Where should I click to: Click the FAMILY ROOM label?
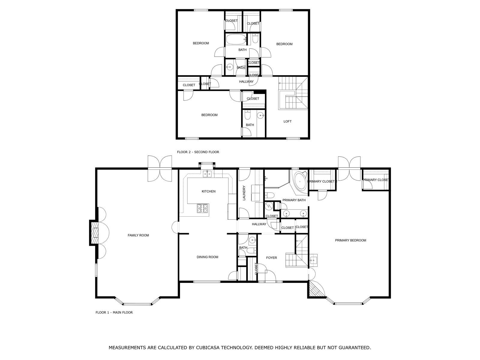[138, 235]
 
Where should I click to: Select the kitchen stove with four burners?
[203, 208]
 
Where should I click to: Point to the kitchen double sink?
[207, 173]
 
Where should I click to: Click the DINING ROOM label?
[207, 257]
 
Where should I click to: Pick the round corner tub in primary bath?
[300, 181]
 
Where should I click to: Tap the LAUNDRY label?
[244, 193]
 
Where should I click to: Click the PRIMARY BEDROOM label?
[350, 240]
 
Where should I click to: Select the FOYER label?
[271, 258]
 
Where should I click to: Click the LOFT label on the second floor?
[287, 121]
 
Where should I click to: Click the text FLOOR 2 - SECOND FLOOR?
[198, 152]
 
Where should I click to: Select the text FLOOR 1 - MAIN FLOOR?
[114, 312]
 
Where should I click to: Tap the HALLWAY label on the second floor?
[246, 82]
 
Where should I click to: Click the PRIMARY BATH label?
[294, 200]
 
